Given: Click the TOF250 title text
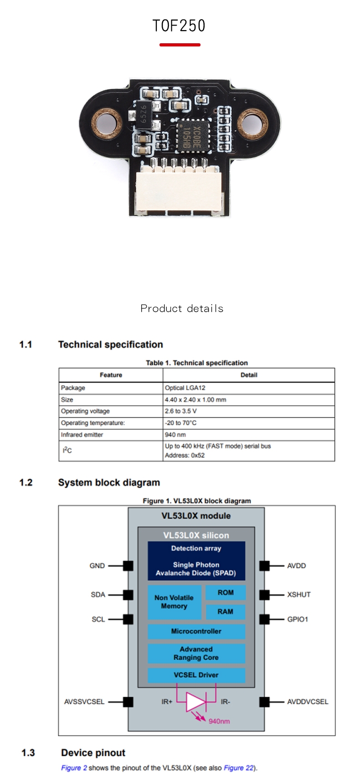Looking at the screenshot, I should pyautogui.click(x=179, y=26).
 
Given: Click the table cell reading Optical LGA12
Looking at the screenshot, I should pyautogui.click(x=185, y=388).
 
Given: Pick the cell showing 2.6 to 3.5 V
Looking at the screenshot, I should pyautogui.click(x=181, y=411).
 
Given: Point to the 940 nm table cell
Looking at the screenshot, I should pyautogui.click(x=175, y=435).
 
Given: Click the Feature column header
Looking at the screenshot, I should pyautogui.click(x=111, y=375).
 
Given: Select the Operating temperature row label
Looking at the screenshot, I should pyautogui.click(x=93, y=423).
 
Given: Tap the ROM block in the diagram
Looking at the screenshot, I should pyautogui.click(x=226, y=593).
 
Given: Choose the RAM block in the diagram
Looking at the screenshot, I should pyautogui.click(x=226, y=612).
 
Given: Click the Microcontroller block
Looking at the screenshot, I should pyautogui.click(x=196, y=631).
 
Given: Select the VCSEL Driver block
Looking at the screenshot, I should pyautogui.click(x=196, y=675).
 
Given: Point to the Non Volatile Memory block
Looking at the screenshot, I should pyautogui.click(x=174, y=602).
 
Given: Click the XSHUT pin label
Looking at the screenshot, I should pyautogui.click(x=298, y=595).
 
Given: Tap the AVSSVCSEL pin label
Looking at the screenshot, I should pyautogui.click(x=84, y=702).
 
